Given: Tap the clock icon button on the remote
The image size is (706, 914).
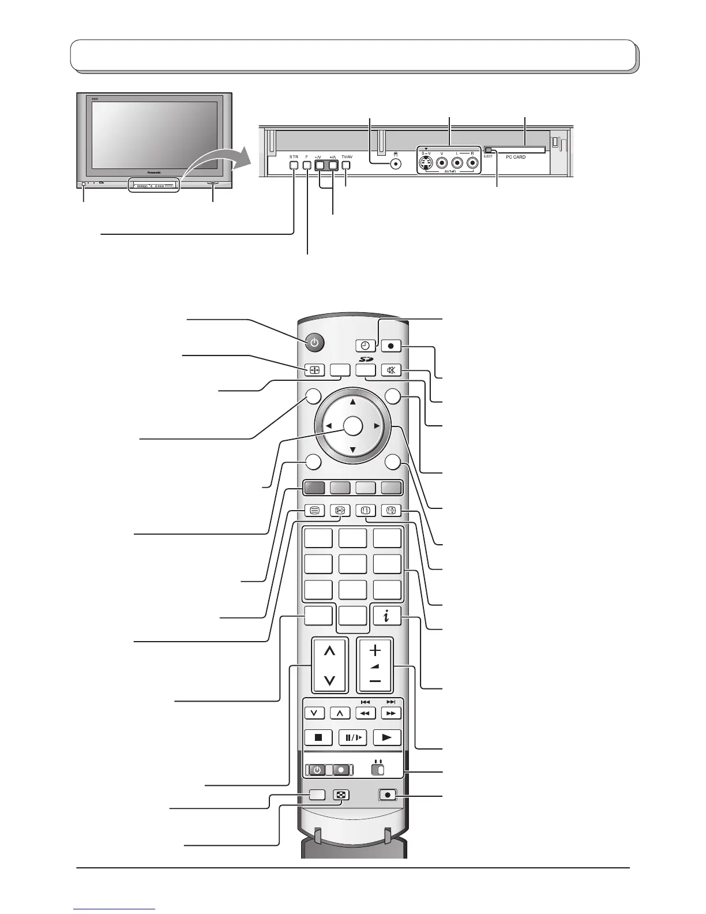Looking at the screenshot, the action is tap(366, 346).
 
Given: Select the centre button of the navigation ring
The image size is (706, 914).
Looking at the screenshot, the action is tap(352, 426).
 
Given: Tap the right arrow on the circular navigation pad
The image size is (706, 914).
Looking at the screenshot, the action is tap(376, 426).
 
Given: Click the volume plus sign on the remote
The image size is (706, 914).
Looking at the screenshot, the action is tap(375, 650).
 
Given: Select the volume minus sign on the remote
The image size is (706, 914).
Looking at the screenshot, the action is tap(375, 681).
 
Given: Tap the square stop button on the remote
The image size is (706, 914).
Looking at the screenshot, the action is tap(318, 737).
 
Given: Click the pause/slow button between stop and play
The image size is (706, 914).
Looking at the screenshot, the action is tap(352, 737).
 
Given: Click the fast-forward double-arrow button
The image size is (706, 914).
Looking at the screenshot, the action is tap(391, 713).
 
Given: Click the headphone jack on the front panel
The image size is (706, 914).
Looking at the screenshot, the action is tap(396, 163).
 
